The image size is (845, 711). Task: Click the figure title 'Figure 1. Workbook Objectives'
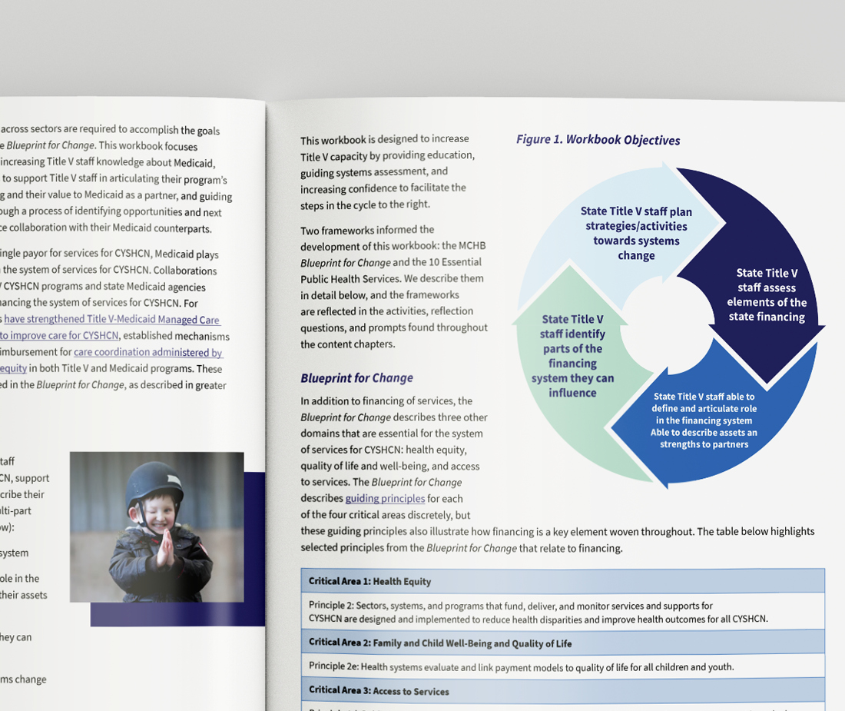pos(598,140)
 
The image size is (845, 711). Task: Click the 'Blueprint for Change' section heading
pos(356,378)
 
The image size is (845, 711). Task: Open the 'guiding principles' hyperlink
pos(385,498)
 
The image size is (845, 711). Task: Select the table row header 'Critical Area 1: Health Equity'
pos(369,581)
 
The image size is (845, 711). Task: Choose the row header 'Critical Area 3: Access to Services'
pos(379,691)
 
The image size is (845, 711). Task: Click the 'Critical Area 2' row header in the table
pos(440,643)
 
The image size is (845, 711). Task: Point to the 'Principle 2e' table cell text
pos(521,666)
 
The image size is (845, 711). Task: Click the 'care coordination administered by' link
pos(148,353)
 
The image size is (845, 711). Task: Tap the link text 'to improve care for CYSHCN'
pos(60,335)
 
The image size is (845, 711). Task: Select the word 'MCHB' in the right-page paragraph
pos(471,245)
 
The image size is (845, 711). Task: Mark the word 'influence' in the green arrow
pos(572,393)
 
